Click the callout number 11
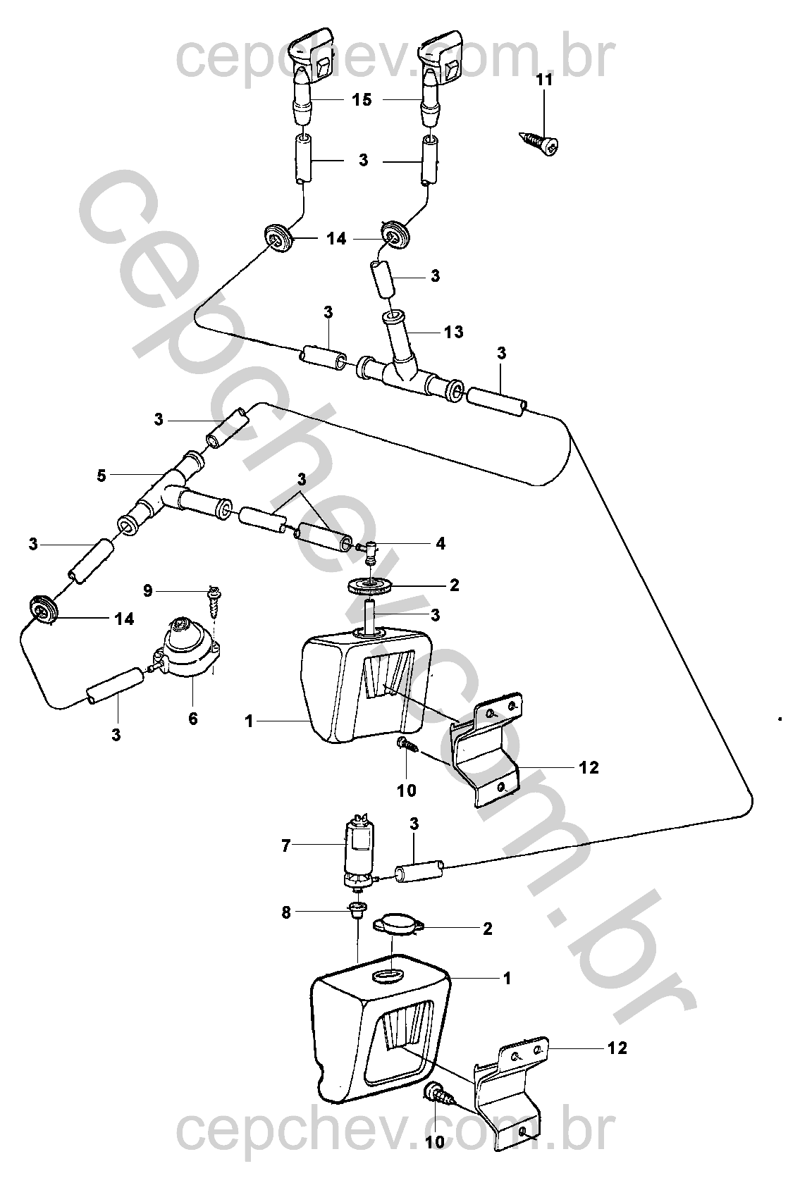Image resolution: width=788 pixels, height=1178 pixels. coord(544,80)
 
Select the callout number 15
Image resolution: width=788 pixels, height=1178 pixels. coord(362,99)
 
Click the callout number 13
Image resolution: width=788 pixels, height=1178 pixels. coord(453,332)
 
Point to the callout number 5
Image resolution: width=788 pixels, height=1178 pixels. coord(101,476)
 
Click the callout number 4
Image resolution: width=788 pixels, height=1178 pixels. coord(441,543)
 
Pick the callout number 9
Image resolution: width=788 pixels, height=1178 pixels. coord(148,590)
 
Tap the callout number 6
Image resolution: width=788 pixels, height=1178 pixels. coord(193,719)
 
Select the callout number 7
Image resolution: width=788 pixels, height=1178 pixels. coord(286,845)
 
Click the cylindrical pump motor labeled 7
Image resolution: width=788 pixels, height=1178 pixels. coord(360,853)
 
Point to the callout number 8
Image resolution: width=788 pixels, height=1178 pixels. coord(286,912)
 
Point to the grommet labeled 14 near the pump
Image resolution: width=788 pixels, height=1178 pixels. coord(42,609)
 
